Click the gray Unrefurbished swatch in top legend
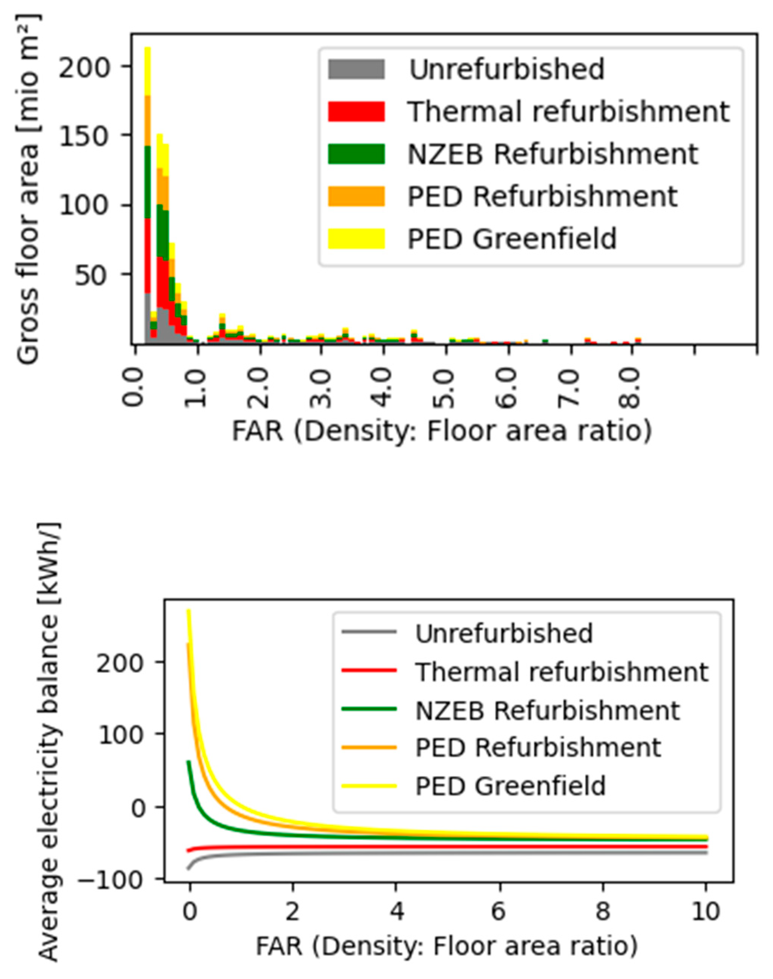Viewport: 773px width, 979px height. (356, 69)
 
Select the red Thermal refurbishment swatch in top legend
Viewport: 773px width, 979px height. (356, 111)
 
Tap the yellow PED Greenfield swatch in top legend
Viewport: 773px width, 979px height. (356, 238)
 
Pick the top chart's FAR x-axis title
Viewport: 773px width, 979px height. (442, 432)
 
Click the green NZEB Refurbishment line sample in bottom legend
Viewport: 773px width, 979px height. (369, 709)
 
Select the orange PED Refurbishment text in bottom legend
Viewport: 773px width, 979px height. (538, 747)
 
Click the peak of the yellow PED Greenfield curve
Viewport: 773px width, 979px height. (189, 610)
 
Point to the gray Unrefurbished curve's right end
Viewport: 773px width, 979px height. (706, 853)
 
